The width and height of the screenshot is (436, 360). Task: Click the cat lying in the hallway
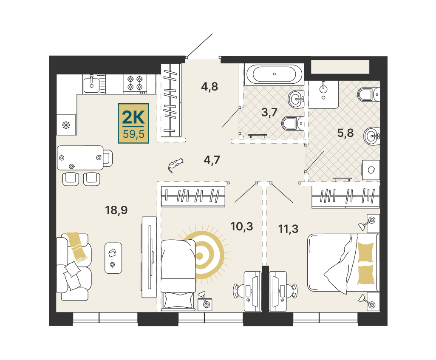[x=175, y=164]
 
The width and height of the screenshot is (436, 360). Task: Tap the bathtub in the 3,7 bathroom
[x=274, y=74]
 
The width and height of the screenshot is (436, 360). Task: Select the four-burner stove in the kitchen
[x=135, y=83]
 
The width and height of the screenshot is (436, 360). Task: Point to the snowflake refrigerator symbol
[x=66, y=125]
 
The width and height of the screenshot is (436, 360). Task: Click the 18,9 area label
[x=116, y=210]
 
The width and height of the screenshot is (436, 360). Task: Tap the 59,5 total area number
[x=134, y=134]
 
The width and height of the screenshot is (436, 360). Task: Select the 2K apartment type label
[x=133, y=117]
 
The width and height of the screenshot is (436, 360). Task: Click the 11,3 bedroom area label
[x=289, y=229]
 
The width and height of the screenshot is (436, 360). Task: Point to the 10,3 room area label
[x=242, y=227]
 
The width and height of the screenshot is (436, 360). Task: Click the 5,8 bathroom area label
[x=345, y=133]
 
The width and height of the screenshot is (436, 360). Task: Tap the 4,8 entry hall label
[x=210, y=87]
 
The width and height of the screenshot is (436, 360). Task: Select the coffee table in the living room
[x=113, y=258]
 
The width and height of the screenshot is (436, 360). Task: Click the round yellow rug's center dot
[x=199, y=256]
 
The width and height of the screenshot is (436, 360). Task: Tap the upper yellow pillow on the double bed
[x=365, y=252]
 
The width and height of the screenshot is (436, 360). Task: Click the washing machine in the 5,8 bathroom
[x=371, y=170]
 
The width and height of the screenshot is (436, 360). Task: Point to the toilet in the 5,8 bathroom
[x=368, y=95]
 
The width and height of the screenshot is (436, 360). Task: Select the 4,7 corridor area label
[x=212, y=160]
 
